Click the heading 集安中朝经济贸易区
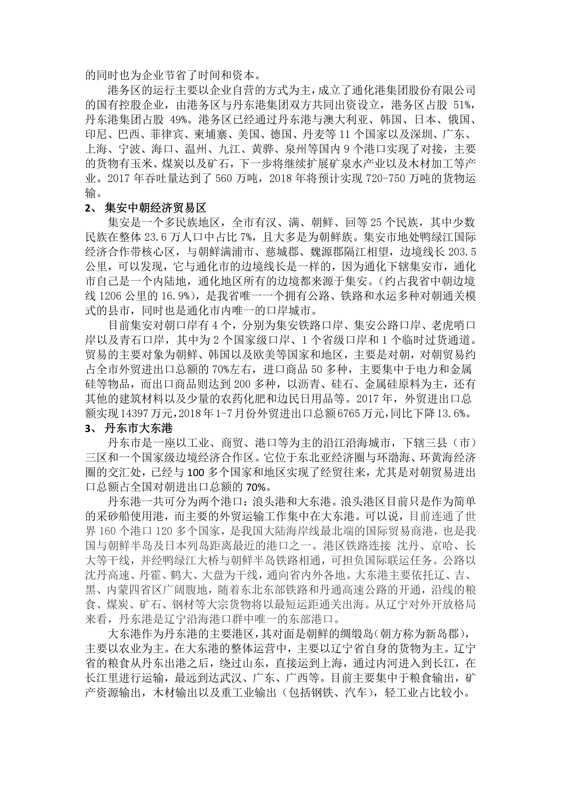155,208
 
